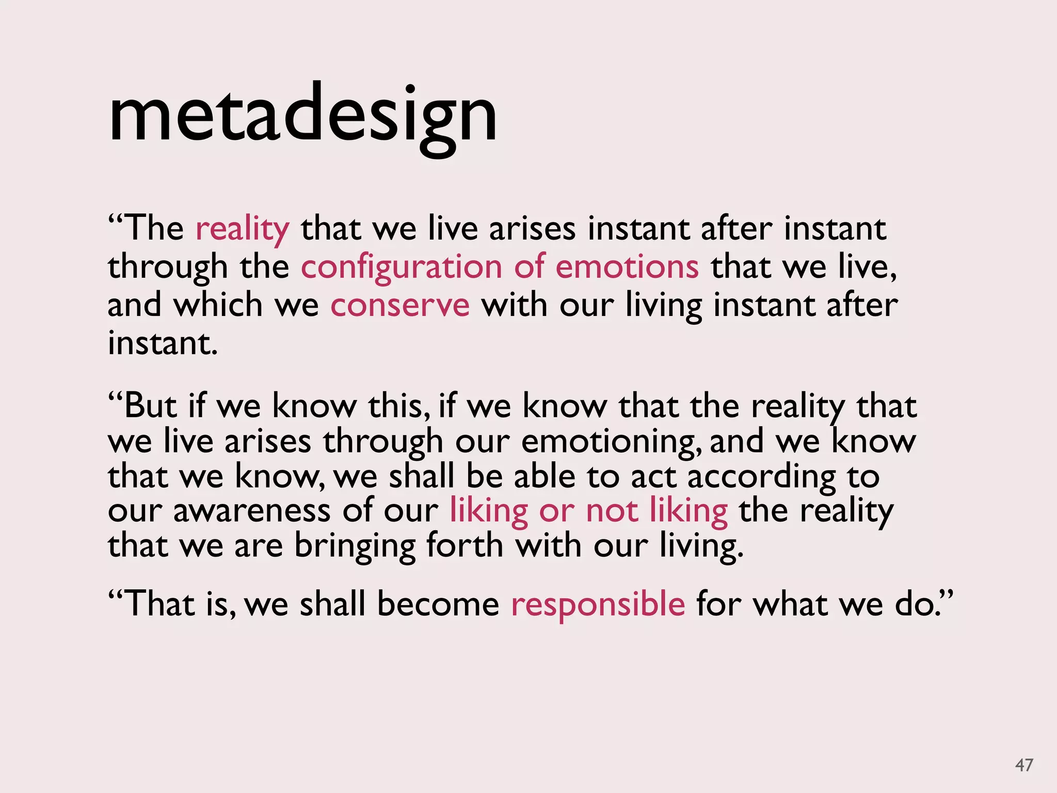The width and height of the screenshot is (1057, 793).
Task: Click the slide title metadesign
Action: (303, 116)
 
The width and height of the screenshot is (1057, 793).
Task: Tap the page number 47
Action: (1024, 765)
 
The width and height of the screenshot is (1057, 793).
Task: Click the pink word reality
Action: (243, 229)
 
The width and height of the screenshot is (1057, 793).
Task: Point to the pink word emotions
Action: (627, 267)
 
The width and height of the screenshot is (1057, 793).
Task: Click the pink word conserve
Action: (400, 306)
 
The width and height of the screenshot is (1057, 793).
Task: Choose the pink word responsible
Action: (598, 605)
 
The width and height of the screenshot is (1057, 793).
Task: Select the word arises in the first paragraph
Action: (532, 229)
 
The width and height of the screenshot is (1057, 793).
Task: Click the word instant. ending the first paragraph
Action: (163, 343)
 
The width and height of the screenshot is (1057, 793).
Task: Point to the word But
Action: (150, 406)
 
